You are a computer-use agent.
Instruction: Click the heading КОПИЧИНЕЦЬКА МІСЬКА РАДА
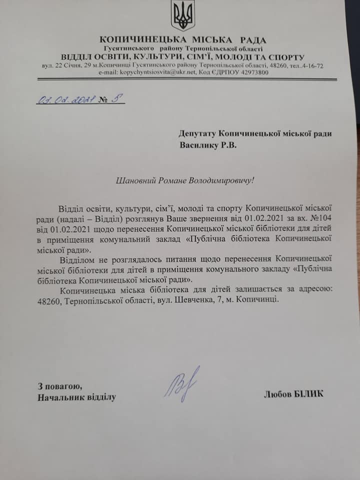183,40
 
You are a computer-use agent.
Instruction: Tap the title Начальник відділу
76,397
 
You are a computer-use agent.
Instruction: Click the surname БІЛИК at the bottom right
308,394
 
